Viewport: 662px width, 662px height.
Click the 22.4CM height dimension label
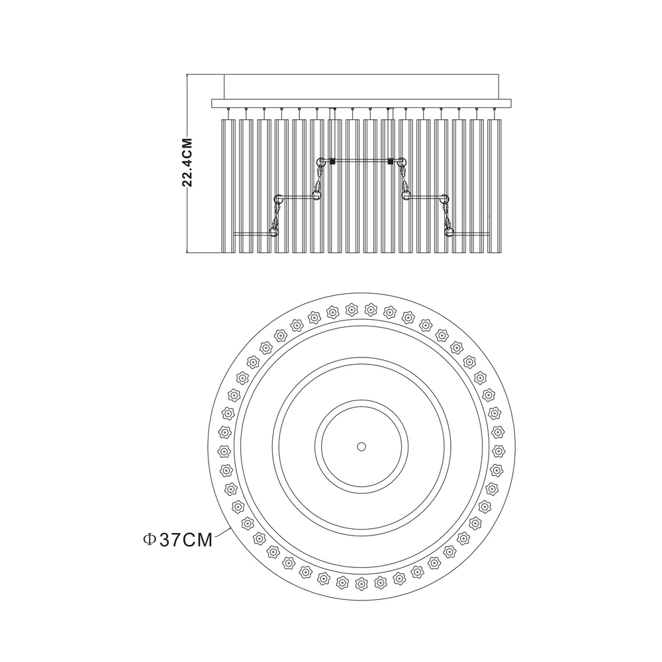pos(187,163)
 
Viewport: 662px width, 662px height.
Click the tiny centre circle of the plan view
pos(361,446)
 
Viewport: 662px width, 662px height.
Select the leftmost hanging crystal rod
pos(228,186)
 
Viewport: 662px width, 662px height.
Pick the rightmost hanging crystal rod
pos(495,186)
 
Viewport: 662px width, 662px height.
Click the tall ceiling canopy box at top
pos(361,87)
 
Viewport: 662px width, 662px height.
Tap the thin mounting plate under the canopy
pos(361,103)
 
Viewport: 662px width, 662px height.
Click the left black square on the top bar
pos(332,161)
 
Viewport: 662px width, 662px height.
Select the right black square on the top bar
pos(391,161)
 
